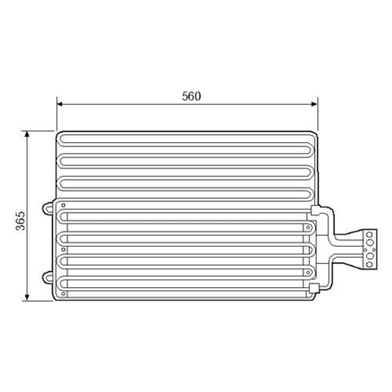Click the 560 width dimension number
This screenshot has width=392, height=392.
pos(191,96)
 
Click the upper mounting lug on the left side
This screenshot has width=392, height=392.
pos(47,208)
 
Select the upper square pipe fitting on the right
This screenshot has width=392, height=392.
pos(314,210)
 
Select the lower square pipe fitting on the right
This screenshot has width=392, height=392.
pos(314,289)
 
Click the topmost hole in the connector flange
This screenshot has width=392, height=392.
pos(369,234)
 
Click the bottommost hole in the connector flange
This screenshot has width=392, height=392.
pos(369,264)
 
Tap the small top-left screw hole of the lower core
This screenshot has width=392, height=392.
pos(64,205)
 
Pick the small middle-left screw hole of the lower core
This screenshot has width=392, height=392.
pos(64,249)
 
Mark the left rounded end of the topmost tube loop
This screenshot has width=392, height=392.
pos(61,139)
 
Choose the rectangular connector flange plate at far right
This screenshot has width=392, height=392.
pos(369,249)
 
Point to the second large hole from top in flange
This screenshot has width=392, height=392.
pos(369,242)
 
